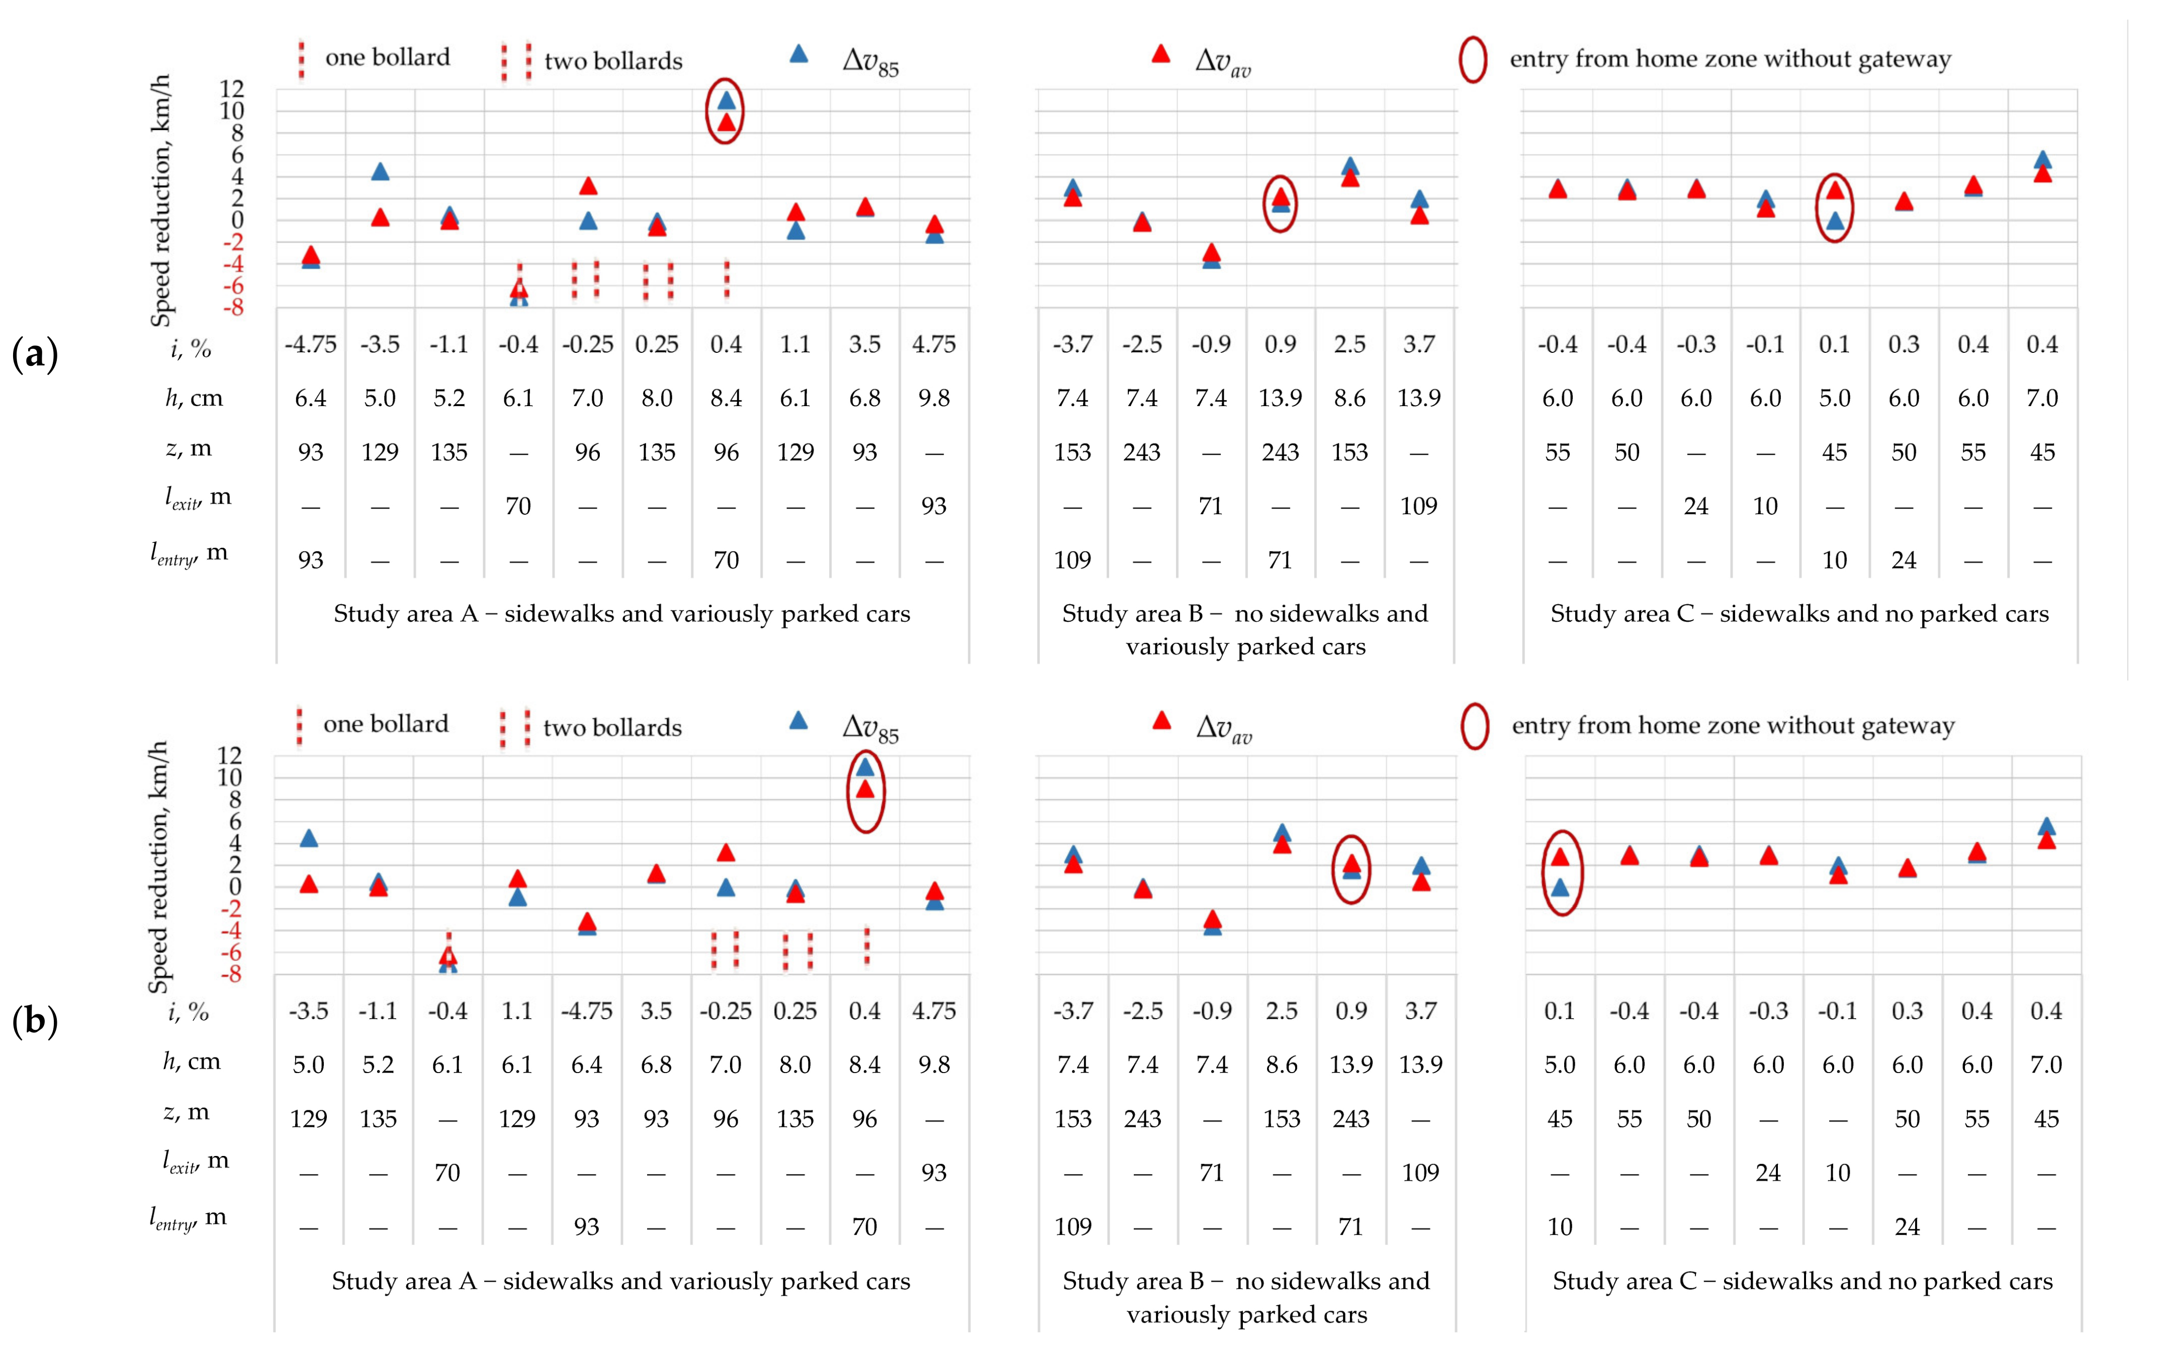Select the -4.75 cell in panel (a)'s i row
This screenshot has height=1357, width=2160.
point(310,344)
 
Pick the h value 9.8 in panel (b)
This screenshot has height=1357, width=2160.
point(934,1064)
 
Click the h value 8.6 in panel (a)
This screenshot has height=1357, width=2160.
point(1349,398)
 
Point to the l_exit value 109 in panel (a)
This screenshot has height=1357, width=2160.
point(1418,506)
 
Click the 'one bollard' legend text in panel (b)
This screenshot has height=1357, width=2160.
point(386,724)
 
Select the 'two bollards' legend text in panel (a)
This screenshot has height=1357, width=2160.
point(613,61)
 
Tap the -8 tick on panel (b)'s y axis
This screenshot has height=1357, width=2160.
point(231,974)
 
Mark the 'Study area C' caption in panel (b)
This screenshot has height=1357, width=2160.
point(1802,1281)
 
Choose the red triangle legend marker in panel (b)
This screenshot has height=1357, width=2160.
point(1161,720)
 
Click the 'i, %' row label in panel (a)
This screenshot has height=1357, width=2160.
point(190,348)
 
